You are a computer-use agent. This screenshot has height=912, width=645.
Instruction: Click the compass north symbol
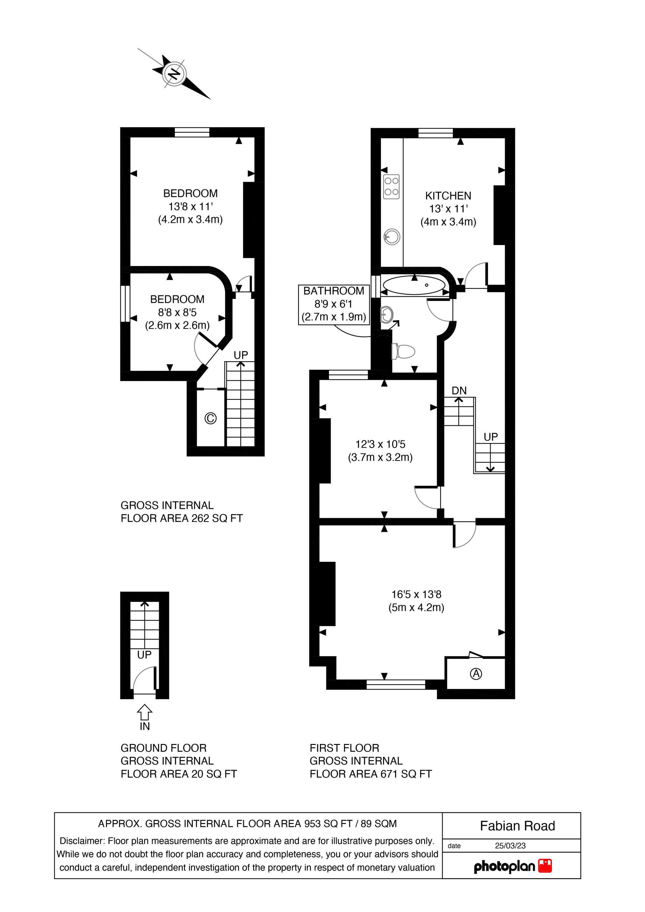coord(174,74)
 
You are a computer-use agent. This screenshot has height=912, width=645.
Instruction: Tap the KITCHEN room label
coord(448,196)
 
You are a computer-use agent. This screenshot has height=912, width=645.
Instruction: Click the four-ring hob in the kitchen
coord(391,186)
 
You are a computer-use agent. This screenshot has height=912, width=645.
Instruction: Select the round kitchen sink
coord(392,237)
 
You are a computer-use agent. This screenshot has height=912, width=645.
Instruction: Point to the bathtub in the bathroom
coord(414,285)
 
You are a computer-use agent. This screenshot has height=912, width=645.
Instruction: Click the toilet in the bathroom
coord(403,352)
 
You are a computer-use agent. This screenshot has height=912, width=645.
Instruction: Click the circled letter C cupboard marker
coord(211,418)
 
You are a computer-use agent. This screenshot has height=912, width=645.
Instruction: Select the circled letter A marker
coord(476,674)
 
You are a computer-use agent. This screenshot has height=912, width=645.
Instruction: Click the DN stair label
coord(459,391)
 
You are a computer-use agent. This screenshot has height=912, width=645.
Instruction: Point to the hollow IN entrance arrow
coord(144,712)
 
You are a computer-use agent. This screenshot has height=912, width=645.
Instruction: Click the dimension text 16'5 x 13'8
coord(416,595)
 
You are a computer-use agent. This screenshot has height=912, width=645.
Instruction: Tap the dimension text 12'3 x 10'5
coord(380,444)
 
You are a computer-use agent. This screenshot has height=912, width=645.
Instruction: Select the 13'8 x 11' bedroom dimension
coord(191,206)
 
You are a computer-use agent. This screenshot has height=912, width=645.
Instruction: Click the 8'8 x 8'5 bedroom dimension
coord(177,312)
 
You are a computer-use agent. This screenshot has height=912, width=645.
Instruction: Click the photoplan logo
coord(513,866)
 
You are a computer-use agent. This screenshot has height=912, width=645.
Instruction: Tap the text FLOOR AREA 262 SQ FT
coord(182,518)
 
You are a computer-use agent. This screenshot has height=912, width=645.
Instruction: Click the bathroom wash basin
coord(386,315)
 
